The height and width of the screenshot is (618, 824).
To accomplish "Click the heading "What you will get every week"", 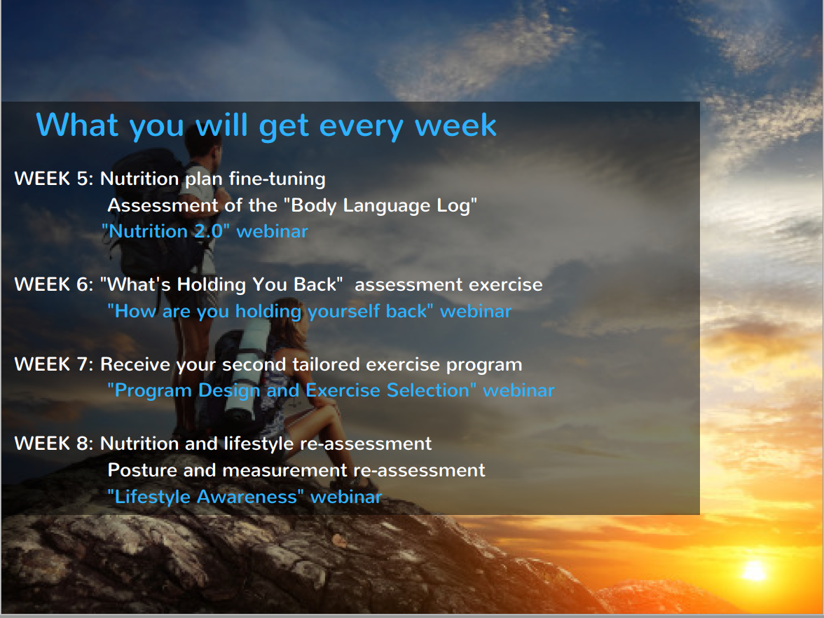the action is tap(266, 126).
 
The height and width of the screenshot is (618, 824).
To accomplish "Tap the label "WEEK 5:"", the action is tap(53, 179).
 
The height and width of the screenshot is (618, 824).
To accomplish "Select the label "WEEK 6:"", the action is tap(53, 284).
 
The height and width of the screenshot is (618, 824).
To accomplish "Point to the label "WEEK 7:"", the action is tap(53, 364).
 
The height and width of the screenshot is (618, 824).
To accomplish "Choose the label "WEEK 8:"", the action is tap(53, 444).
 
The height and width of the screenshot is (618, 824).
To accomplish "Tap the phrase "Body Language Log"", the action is tap(380, 205).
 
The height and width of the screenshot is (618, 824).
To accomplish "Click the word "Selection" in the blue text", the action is tap(427, 390).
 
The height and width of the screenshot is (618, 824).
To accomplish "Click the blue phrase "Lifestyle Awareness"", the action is tap(205, 497).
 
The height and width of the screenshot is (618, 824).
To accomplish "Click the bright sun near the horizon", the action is tap(755, 570).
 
